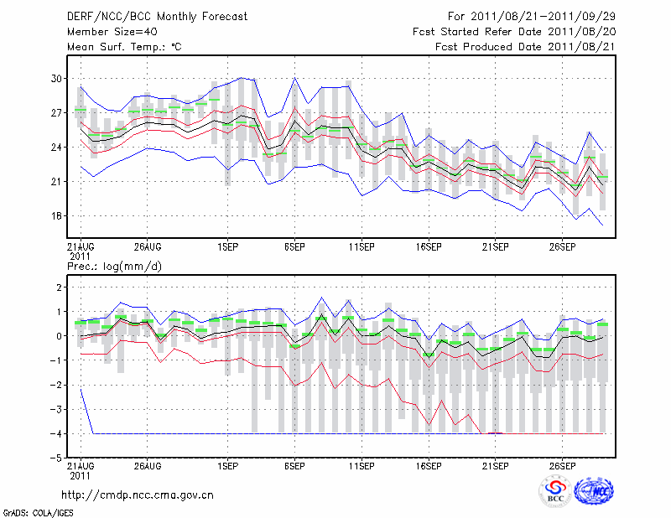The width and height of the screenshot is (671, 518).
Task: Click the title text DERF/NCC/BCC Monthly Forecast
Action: pyautogui.click(x=157, y=17)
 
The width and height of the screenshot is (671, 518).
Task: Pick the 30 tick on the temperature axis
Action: pyautogui.click(x=56, y=78)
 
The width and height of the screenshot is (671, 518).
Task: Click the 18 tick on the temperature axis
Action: pyautogui.click(x=56, y=215)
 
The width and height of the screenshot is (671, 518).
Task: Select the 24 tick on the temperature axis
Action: pyautogui.click(x=56, y=147)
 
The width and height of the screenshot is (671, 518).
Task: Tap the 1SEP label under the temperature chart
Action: pyautogui.click(x=226, y=246)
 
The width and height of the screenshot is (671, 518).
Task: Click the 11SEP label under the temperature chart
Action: pyautogui.click(x=361, y=246)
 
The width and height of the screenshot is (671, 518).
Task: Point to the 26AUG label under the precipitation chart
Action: pyautogui.click(x=147, y=465)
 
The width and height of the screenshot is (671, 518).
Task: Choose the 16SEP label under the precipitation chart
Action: pyautogui.click(x=428, y=465)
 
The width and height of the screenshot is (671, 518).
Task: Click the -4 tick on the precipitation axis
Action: pyautogui.click(x=55, y=433)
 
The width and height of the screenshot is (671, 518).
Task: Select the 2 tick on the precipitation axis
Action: pyautogui.click(x=59, y=287)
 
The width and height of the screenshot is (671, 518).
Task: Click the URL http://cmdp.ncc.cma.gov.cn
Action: pyautogui.click(x=138, y=495)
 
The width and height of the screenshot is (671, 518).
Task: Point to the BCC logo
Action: pyautogui.click(x=555, y=491)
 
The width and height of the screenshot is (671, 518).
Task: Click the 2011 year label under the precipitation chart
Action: pyautogui.click(x=81, y=474)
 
